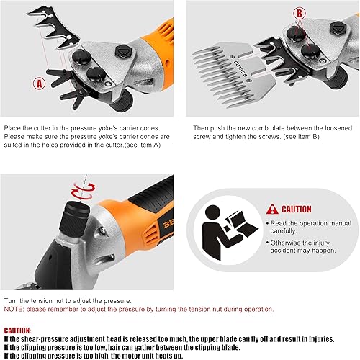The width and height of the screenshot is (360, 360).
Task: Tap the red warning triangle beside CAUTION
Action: [x=271, y=209]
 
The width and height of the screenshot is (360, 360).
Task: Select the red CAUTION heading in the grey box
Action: [x=297, y=209]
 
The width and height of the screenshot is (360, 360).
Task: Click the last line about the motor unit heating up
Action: [x=108, y=354]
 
